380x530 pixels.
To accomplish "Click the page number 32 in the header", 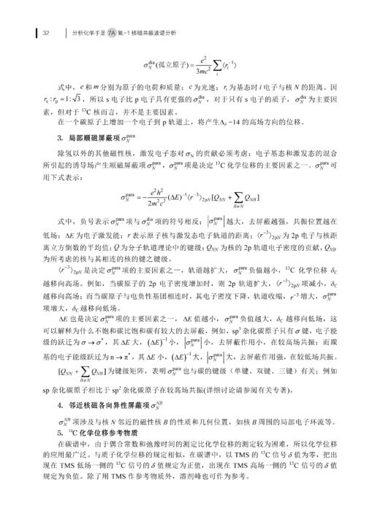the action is click(45, 32).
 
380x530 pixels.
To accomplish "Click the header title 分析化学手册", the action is click(98, 32).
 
